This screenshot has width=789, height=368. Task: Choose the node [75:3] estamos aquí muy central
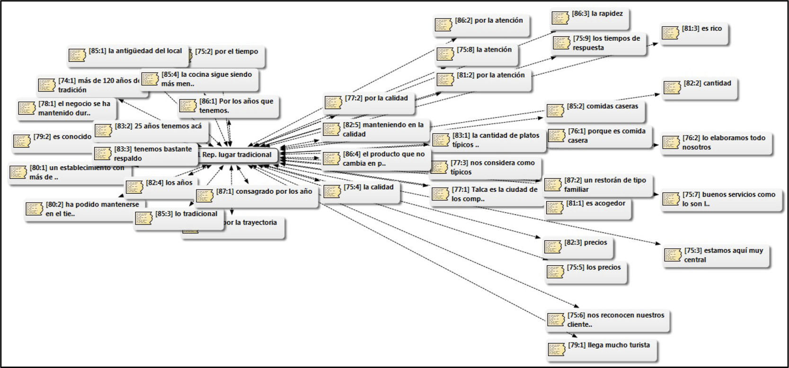716,255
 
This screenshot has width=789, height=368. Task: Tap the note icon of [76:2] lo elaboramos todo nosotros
671,143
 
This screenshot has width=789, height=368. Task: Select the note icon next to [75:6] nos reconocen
556,320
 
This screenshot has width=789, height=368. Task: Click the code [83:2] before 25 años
124,126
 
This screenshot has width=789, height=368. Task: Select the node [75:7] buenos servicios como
721,199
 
